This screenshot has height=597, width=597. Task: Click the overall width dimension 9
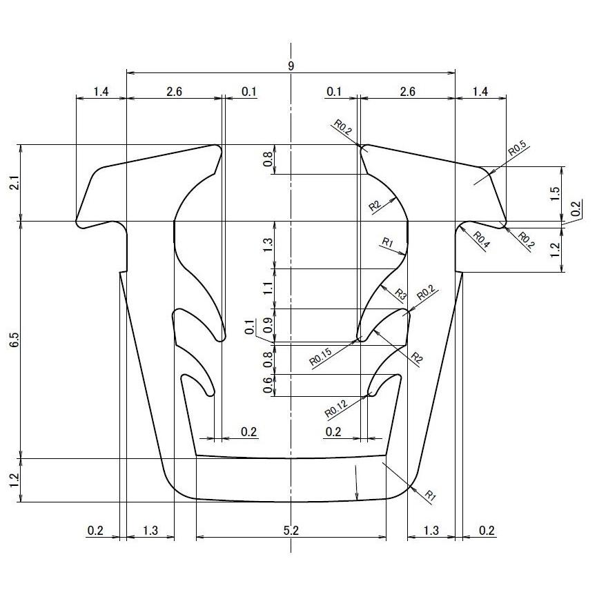291,66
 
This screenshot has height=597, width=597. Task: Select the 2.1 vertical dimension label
15,183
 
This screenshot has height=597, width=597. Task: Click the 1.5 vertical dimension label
555,194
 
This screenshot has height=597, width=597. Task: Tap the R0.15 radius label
321,357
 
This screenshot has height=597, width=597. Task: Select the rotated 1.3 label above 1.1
268,244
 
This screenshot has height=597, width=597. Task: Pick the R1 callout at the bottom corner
430,495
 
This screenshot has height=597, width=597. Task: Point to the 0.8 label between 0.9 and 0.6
268,359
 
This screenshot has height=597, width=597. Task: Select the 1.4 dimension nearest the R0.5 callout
480,92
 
